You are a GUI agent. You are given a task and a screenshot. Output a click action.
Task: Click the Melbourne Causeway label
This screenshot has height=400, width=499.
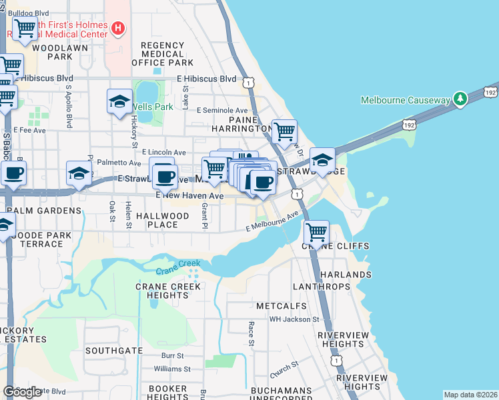(406, 100)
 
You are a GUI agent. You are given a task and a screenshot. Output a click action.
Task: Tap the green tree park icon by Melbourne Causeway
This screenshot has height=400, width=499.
(460, 99)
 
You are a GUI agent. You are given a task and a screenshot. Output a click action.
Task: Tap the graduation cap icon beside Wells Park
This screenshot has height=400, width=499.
(119, 101)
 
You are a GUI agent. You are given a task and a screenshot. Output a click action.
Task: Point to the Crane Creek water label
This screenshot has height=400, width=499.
(178, 271)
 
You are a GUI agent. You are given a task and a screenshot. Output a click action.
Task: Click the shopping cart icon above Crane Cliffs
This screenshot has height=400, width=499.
(317, 233)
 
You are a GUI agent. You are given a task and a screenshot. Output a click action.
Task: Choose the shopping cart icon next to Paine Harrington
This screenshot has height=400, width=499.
(284, 132)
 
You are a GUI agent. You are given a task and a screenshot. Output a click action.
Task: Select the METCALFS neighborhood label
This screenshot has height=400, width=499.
(282, 306)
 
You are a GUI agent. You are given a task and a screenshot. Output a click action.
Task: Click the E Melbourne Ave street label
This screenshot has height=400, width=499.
(271, 223)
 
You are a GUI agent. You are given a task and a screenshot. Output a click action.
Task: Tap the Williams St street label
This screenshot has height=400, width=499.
(172, 369)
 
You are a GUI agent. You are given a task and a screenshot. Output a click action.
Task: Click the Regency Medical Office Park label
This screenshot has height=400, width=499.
(163, 54)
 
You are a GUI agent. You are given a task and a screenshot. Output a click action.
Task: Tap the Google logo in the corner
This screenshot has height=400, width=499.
(22, 392)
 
